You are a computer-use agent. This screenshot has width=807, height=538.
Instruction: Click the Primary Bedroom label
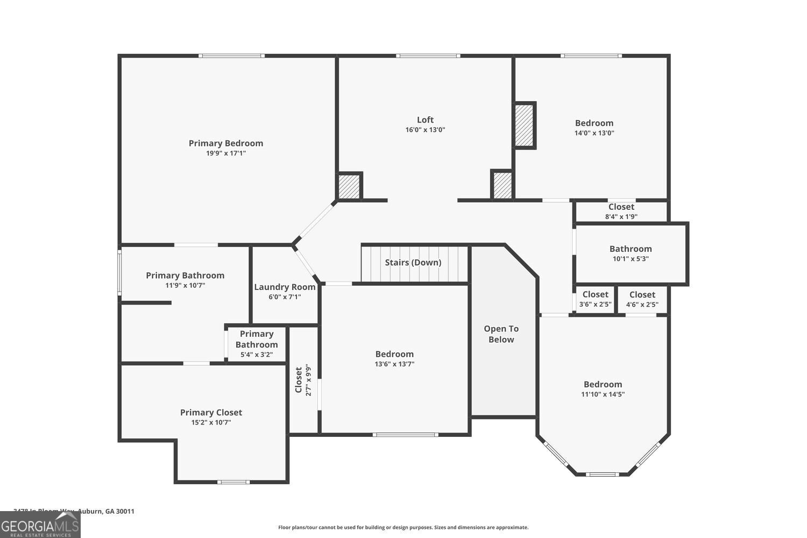tap(226, 143)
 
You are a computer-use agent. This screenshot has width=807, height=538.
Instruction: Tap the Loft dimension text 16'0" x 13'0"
tap(425, 130)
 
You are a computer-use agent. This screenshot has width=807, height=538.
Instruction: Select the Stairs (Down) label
tap(413, 263)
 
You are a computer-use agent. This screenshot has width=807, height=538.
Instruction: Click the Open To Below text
tap(501, 334)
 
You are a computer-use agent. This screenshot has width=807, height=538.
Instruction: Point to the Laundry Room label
tap(285, 287)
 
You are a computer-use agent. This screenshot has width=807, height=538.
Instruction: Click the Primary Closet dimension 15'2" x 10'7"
tap(211, 422)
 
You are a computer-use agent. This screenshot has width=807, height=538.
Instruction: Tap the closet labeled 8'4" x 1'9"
tap(621, 211)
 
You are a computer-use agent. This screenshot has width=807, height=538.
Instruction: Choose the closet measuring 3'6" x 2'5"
tap(595, 299)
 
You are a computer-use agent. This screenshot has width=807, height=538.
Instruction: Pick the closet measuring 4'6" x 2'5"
tap(642, 299)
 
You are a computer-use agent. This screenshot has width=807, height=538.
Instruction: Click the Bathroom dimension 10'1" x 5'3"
tap(631, 258)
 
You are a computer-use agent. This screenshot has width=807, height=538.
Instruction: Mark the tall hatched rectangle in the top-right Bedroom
tap(524, 125)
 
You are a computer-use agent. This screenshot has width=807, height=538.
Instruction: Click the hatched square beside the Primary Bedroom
tap(349, 187)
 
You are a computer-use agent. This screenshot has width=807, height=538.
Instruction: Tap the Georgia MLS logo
tap(40, 525)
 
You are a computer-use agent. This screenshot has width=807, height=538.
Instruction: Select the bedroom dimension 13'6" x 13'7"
tap(394, 364)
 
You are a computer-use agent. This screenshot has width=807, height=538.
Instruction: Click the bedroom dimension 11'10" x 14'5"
tap(603, 394)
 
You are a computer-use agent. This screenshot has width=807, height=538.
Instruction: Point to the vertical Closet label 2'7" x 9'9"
tap(303, 380)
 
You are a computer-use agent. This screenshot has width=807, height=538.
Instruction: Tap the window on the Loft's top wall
tap(428, 55)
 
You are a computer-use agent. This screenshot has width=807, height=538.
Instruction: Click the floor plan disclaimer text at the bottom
tap(403, 527)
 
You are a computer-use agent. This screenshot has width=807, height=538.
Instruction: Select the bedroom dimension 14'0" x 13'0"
tap(594, 133)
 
